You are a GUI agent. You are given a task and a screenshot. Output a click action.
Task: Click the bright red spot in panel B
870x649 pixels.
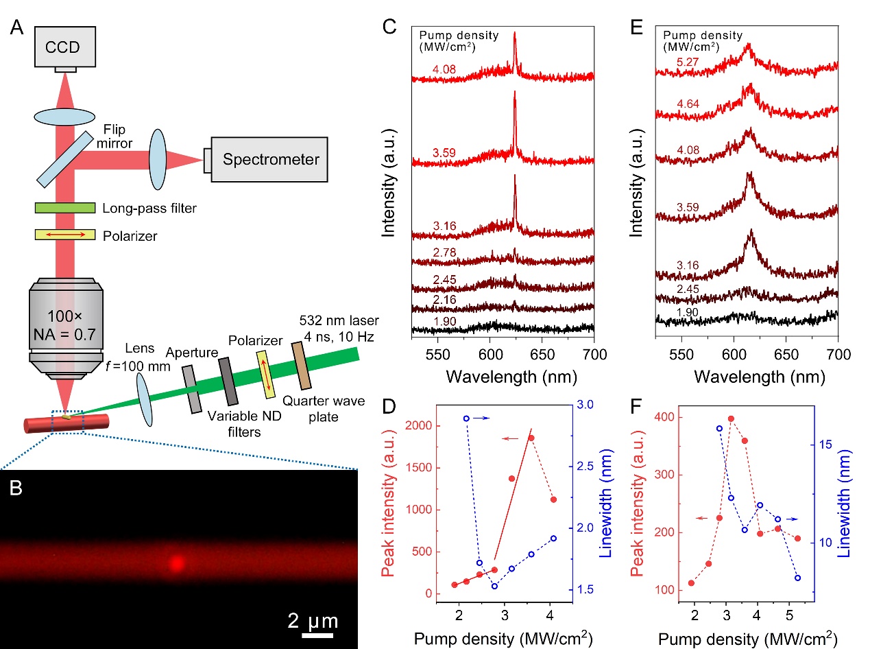[177, 563]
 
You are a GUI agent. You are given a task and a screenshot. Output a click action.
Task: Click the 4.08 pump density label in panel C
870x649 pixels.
[443, 69]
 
